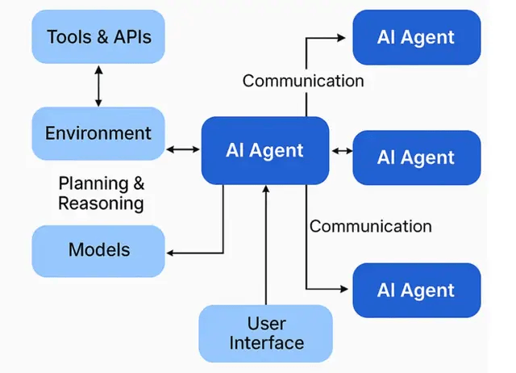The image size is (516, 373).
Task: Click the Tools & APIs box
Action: pyautogui.click(x=98, y=37)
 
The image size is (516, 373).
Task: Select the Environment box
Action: pyautogui.click(x=98, y=133)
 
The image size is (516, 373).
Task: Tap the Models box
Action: pyautogui.click(x=98, y=250)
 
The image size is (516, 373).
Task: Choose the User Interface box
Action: pyautogui.click(x=266, y=333)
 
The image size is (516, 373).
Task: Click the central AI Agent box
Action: pyautogui.click(x=264, y=150)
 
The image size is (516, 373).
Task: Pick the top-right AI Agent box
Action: pyautogui.click(x=416, y=37)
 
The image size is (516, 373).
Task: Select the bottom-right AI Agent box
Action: pyautogui.click(x=416, y=290)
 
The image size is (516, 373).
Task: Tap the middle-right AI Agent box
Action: pyautogui.click(x=416, y=157)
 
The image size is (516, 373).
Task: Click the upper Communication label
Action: pyautogui.click(x=303, y=81)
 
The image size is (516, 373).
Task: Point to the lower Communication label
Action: pyautogui.click(x=371, y=226)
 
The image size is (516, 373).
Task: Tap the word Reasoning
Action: pyautogui.click(x=101, y=203)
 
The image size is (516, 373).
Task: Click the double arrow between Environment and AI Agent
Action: pyautogui.click(x=183, y=149)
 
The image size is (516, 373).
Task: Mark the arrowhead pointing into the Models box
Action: pyautogui.click(x=171, y=254)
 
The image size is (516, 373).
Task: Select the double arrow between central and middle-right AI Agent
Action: pyautogui.click(x=341, y=150)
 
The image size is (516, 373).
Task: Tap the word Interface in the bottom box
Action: pyautogui.click(x=267, y=342)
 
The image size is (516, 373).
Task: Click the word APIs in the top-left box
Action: pyautogui.click(x=130, y=37)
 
